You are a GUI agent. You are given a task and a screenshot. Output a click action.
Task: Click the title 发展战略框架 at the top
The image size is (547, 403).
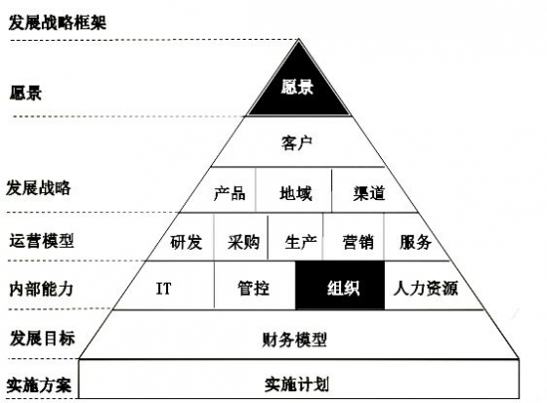[58, 23]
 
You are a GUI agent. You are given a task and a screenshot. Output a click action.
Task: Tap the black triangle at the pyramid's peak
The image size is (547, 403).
[298, 88]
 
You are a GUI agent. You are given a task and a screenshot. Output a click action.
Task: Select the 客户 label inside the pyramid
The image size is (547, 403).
[297, 143]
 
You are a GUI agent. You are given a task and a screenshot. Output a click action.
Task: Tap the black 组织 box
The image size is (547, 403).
[340, 286]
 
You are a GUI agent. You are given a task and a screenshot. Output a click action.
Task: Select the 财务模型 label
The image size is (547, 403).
[294, 339]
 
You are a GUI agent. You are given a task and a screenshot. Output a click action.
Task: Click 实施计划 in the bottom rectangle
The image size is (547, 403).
[296, 384]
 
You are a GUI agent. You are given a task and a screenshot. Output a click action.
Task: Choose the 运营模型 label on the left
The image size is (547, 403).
[42, 241]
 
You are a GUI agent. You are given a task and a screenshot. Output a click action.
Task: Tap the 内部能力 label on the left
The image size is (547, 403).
[42, 290]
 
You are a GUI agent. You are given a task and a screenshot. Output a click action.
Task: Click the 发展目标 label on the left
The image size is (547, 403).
[42, 338]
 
